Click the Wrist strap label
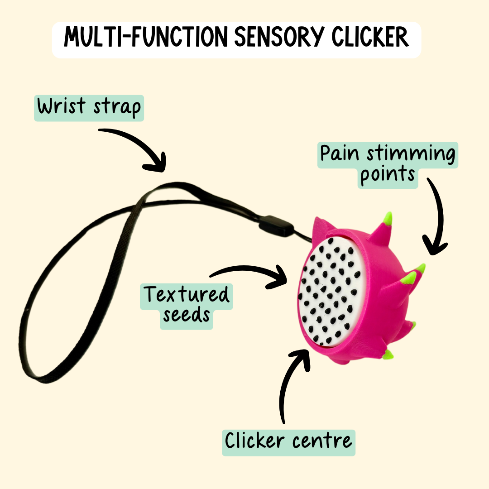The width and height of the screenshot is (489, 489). [89, 108]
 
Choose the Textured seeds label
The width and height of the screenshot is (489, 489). [187, 304]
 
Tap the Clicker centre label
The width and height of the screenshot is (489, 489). [288, 440]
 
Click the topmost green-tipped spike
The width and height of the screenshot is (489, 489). [387, 219]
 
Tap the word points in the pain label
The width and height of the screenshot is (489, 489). [388, 175]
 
